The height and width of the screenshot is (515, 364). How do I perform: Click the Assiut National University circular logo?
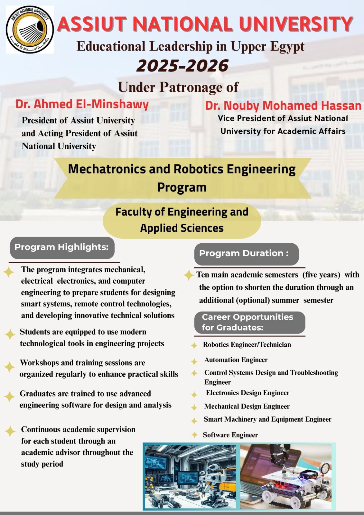coord(30,30)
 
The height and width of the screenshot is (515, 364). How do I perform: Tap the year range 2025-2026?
coord(182,66)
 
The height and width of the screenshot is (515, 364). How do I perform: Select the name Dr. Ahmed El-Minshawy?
coord(82,104)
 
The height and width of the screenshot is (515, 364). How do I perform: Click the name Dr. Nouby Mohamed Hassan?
coord(283,106)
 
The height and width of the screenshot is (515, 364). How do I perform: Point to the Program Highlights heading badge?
coord(62,248)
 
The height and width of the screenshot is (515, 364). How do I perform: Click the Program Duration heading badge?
coord(246,254)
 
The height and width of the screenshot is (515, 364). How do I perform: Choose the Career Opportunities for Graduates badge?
coord(249,322)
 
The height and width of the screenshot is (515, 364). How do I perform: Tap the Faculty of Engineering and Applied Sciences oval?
coord(182,220)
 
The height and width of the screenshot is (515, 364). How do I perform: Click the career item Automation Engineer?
coord(236,360)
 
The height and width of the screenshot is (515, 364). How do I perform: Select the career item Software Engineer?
coord(230,435)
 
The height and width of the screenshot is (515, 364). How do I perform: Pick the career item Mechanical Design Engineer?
coord(247,407)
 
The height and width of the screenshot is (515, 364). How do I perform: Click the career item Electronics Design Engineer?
coord(247,393)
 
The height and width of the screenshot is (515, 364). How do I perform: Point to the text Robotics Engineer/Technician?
coord(247,345)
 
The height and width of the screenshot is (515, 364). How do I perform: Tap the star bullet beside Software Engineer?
coord(194,435)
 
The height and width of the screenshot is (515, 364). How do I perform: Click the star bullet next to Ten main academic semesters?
coord(188,275)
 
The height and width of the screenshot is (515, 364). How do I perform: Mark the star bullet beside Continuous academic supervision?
coord(10,431)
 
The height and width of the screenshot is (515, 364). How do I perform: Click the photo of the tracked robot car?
coord(286,477)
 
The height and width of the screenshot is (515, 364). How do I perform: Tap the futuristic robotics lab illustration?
coord(190,477)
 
